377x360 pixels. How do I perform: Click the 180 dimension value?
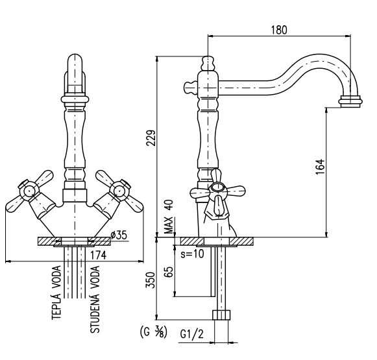pos(279,30)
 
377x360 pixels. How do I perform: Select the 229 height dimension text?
pos(151,138)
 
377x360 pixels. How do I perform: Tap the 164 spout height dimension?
pos(320,167)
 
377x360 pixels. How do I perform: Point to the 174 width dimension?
pos(98,255)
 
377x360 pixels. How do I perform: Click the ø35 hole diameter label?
pos(119,235)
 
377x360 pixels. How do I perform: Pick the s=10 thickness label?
pos(192,254)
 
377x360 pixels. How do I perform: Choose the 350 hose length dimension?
pos(151,280)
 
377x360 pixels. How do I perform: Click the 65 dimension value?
pos(169,272)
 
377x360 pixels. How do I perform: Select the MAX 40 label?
pos(169,217)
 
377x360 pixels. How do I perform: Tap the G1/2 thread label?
pos(192,334)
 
